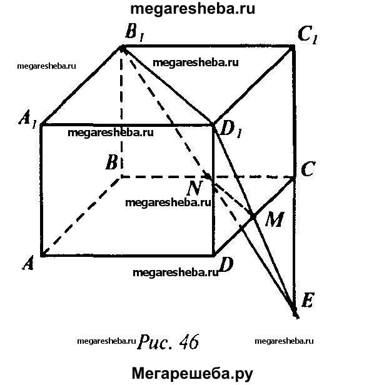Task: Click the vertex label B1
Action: tap(134, 33)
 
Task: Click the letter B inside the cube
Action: tap(112, 164)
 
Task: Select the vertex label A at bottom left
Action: tap(28, 264)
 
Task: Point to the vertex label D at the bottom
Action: tap(226, 265)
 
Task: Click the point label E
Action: tap(306, 301)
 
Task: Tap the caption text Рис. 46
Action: tap(167, 342)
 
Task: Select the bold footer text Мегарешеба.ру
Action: tap(192, 374)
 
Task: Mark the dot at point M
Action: tap(253, 215)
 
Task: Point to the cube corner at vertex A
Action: tap(42, 255)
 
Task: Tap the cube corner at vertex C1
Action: tap(293, 46)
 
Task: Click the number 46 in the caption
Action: tap(188, 342)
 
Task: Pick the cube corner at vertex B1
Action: tap(121, 46)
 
